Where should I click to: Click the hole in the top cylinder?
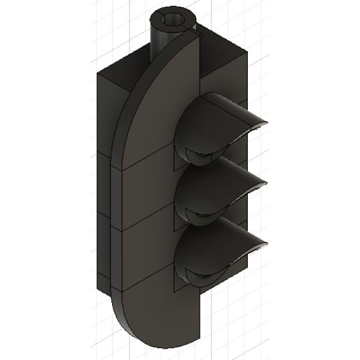pyautogui.click(x=174, y=20)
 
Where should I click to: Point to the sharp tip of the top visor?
pyautogui.click(x=265, y=122)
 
